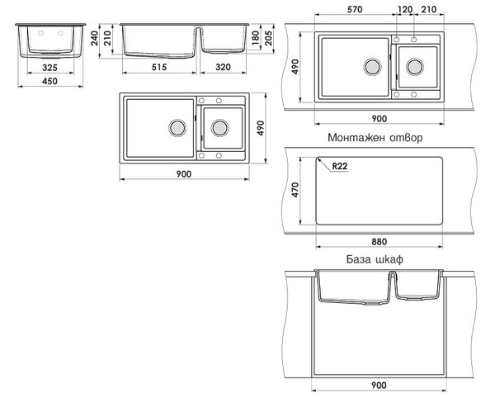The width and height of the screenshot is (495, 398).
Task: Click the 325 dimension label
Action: click(49, 68)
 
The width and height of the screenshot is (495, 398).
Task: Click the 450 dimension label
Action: click(49, 81)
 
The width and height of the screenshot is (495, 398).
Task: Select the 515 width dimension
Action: click(159, 67)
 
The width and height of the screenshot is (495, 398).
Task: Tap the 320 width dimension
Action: click(224, 67)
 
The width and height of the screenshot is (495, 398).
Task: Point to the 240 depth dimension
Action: click(95, 38)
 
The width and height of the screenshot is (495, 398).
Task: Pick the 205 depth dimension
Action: click(268, 38)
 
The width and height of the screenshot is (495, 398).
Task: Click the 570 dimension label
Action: click(355, 9)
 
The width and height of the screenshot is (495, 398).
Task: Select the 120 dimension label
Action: click(405, 9)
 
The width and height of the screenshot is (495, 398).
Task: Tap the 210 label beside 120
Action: click(429, 9)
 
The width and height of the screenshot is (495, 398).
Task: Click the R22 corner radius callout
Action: click(340, 166)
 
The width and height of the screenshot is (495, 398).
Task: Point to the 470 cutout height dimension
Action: click(295, 190)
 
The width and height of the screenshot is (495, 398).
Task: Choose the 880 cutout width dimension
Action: click(379, 242)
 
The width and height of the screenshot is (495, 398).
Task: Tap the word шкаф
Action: click(389, 259)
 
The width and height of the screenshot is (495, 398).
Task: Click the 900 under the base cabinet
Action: click(379, 386)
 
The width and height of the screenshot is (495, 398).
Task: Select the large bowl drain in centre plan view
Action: click(177, 128)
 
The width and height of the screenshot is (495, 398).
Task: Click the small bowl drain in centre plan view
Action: click(220, 128)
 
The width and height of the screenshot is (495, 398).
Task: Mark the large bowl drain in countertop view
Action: click(373, 67)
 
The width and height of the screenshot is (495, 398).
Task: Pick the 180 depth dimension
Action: click(256, 38)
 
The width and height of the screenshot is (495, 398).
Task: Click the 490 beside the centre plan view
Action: click(261, 128)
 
